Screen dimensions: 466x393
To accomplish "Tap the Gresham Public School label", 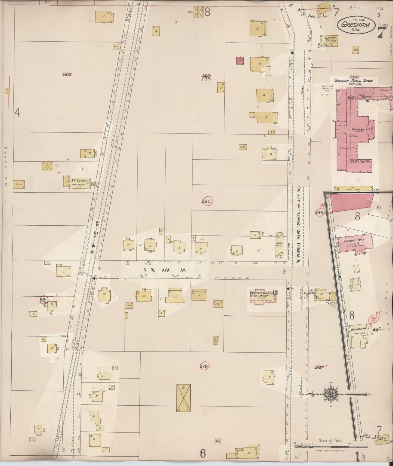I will point(356,81).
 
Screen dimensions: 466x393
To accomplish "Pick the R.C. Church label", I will point(79,181).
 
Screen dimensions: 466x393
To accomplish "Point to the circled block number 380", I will point(207,201).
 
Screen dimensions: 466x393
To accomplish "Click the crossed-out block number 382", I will point(67,74).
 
